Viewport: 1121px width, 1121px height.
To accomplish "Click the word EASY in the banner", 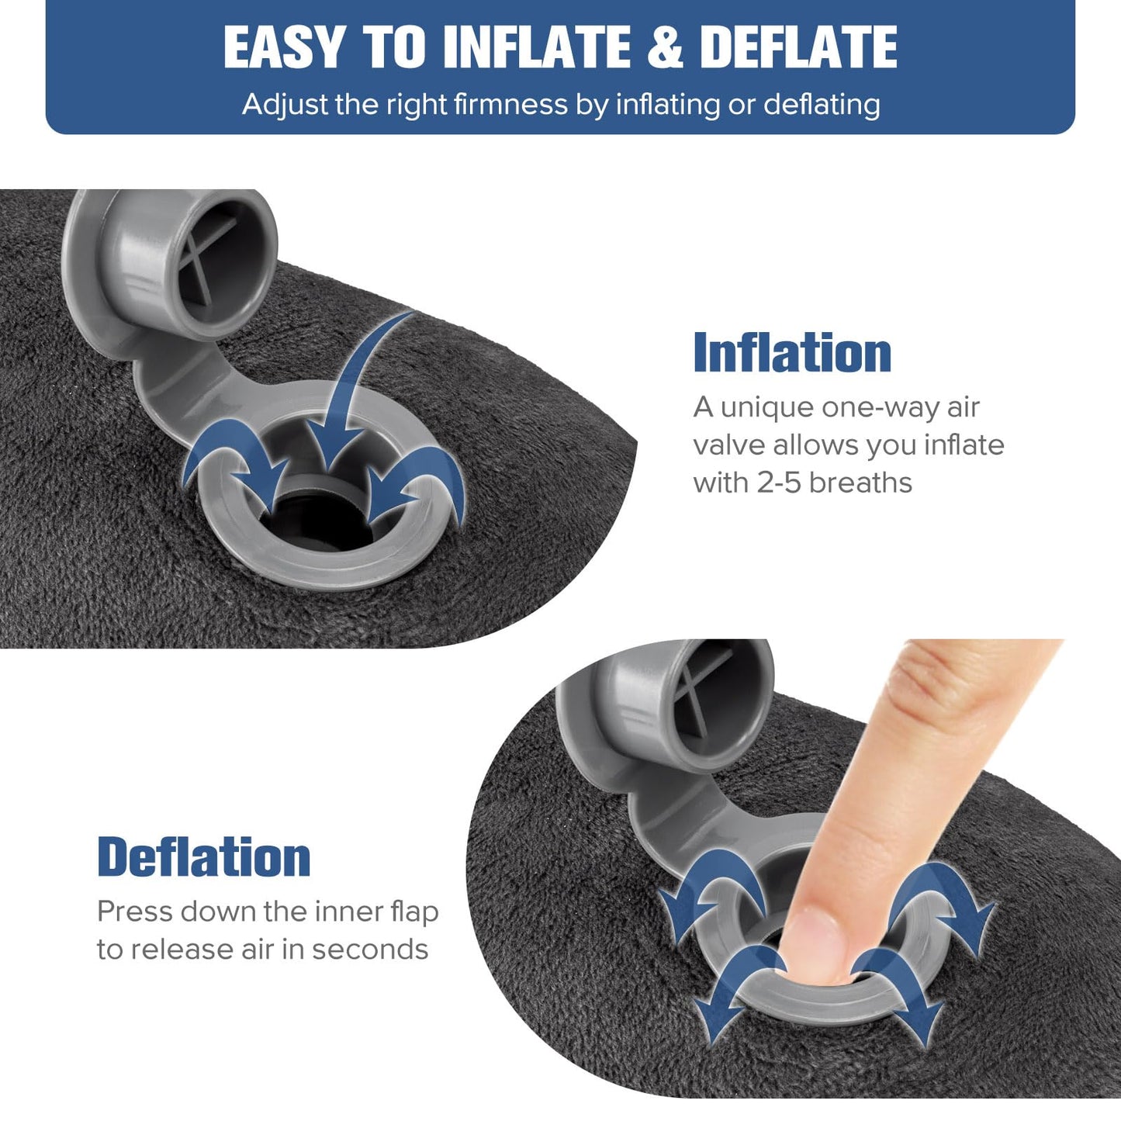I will coord(283,48).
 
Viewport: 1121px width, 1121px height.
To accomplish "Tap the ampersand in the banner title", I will coord(664,48).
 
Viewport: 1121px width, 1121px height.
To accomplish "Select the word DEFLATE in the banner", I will coord(798,48).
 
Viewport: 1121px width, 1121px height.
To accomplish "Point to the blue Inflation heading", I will coord(792,353).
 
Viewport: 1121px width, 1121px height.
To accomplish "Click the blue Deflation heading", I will coord(204,857).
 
